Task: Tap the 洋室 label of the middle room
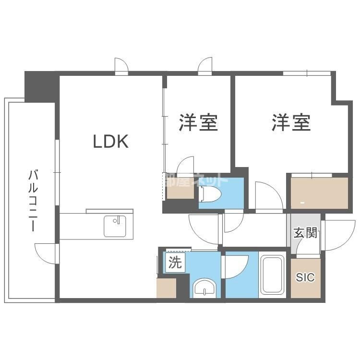pos(199,123)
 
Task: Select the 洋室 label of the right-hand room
pos(291,123)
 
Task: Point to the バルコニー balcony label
pos(33,200)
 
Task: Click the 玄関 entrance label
pos(305,234)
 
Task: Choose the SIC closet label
pos(305,278)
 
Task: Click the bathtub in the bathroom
pos(272,276)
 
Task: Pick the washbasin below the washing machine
pos(205,288)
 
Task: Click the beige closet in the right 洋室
pos(318,193)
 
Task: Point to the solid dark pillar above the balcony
pos(41,85)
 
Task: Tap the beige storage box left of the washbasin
pos(166,288)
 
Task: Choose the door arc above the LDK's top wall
pos(121,66)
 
